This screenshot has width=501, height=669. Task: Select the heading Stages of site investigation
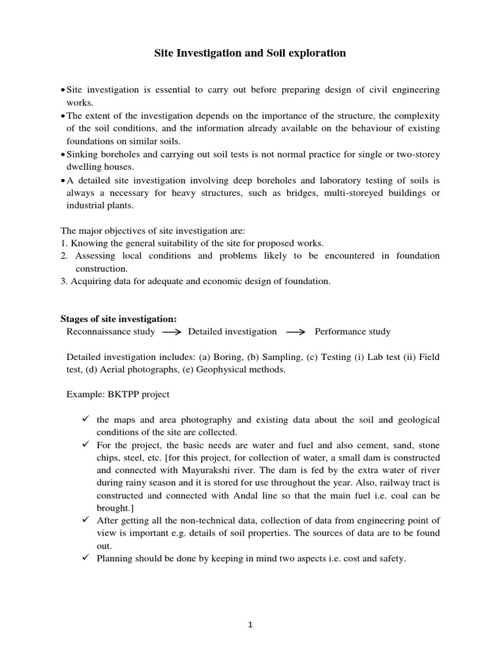[x=118, y=319]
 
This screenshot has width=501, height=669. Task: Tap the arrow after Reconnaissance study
[x=172, y=332]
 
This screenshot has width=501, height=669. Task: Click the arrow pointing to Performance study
[x=296, y=332]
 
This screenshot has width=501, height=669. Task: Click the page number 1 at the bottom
[x=250, y=625]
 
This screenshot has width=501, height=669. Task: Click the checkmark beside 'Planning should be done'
[x=85, y=557]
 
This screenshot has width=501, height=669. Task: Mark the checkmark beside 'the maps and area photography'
[x=85, y=419]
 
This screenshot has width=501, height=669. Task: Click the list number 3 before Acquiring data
[x=64, y=281]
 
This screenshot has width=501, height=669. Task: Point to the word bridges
[x=312, y=193]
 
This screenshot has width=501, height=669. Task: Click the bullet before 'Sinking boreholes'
[x=63, y=154]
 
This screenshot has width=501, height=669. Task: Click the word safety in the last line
[x=391, y=558]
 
